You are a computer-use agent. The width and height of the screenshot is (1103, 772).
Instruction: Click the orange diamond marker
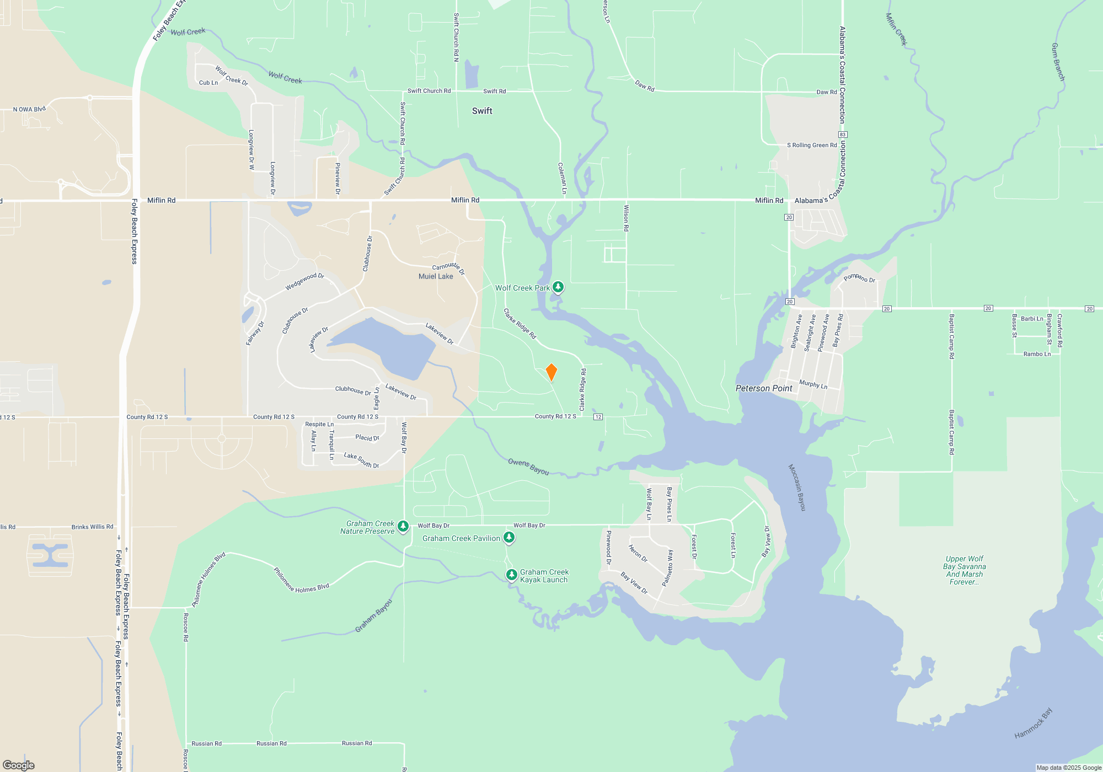point(551,372)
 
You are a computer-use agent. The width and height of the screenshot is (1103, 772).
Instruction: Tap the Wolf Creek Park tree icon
point(558,287)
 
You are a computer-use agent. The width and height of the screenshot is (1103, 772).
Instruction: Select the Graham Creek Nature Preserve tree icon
point(403,527)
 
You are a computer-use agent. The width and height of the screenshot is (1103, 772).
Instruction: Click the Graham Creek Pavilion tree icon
point(509,538)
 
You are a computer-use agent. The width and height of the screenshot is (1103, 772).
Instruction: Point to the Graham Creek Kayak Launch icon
point(512,575)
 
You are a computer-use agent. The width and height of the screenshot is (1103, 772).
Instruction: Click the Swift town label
point(482,111)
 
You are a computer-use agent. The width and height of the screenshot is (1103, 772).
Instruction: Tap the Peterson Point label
point(764,388)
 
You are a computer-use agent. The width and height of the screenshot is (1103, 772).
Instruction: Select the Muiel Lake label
point(436,276)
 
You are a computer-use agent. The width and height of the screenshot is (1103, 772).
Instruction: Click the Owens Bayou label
point(528,467)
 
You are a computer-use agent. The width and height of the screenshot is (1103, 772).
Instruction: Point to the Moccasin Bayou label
point(797,487)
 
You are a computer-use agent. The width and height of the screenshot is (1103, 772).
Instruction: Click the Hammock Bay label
point(1034,723)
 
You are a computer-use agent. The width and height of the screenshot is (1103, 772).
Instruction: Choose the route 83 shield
point(842,135)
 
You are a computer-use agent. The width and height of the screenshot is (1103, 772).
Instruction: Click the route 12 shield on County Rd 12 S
point(598,417)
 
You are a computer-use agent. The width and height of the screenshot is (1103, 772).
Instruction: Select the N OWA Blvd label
point(29,109)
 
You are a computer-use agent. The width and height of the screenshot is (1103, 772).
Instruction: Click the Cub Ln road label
point(208,83)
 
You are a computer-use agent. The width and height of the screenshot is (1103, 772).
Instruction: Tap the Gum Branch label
point(1058,62)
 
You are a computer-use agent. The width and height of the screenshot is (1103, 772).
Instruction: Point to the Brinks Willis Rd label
point(92,527)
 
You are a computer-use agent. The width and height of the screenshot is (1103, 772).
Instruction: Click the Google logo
point(19,765)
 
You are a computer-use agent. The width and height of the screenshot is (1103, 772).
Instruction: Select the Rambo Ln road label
point(1037,354)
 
